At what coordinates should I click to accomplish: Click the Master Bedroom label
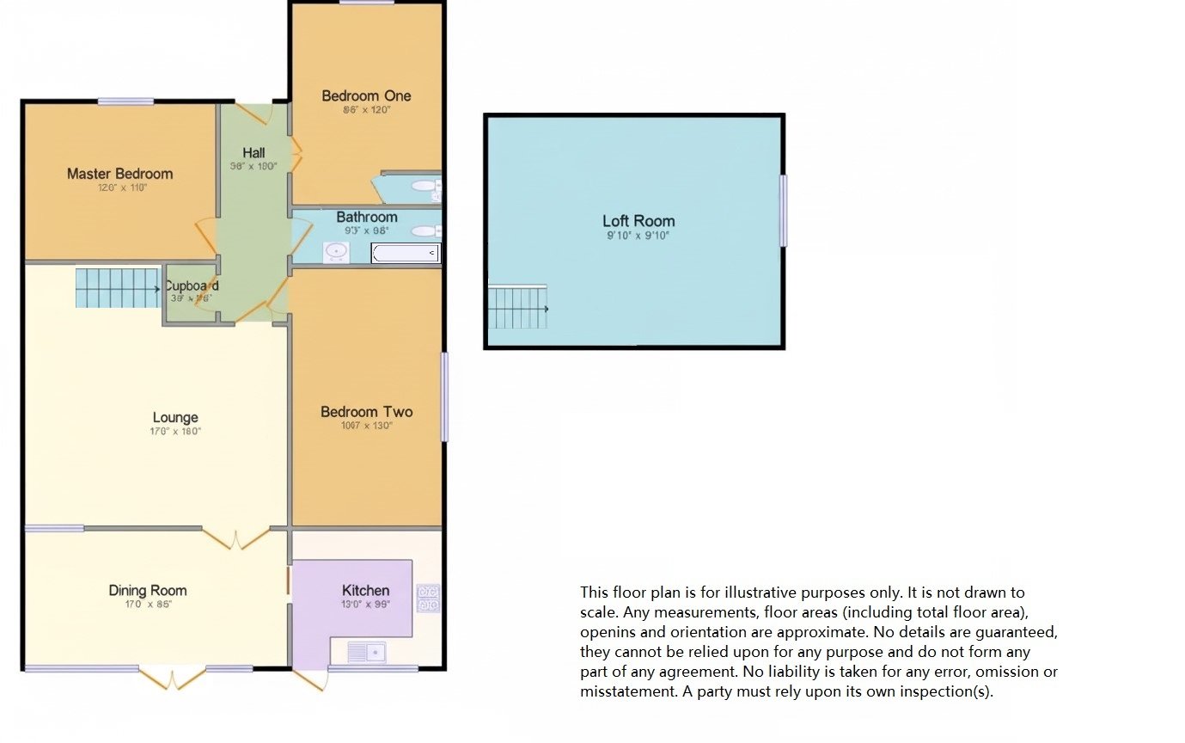click(119, 174)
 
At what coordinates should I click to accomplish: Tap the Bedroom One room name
click(366, 95)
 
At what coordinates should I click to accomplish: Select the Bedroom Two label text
click(366, 412)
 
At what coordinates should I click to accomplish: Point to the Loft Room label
click(638, 221)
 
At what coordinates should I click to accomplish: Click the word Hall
click(253, 153)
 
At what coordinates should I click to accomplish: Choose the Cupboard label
click(191, 286)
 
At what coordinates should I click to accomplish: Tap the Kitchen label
click(365, 590)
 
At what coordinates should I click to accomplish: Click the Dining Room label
click(147, 590)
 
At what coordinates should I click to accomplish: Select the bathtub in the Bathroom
click(406, 253)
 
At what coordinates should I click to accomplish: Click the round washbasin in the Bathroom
click(335, 252)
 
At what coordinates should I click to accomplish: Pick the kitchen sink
click(366, 652)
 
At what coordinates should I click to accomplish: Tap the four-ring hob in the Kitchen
click(428, 599)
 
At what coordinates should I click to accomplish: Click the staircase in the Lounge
click(117, 287)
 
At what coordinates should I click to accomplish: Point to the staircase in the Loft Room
click(517, 308)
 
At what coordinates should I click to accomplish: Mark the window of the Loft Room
click(783, 211)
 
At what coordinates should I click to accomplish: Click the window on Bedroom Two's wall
click(444, 396)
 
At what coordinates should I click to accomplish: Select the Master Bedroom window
click(125, 101)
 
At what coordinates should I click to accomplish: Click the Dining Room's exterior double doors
click(172, 678)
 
